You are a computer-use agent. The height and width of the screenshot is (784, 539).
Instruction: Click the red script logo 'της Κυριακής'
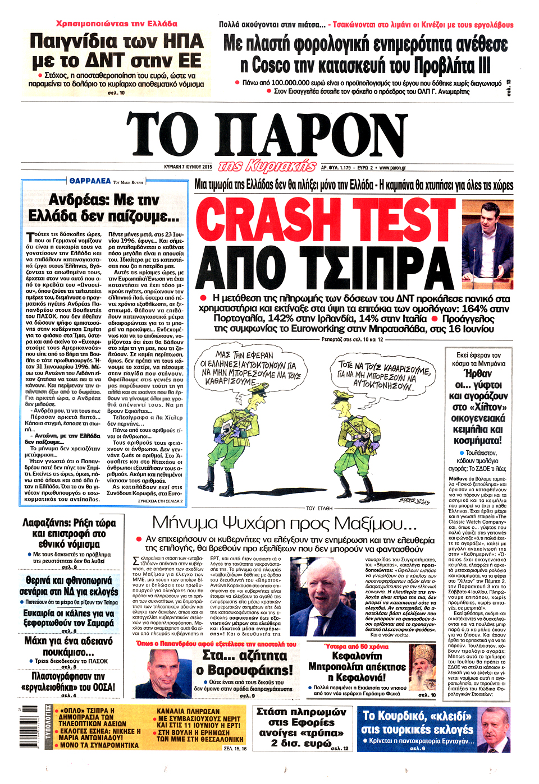point(267,166)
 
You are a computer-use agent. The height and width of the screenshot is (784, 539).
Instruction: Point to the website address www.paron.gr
point(392,167)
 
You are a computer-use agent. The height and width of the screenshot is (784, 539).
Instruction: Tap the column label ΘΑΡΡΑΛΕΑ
point(90,181)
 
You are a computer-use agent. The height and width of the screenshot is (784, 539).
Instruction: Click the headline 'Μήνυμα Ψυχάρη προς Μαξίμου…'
point(284,524)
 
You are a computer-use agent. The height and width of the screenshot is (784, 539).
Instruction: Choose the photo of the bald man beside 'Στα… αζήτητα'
point(163,673)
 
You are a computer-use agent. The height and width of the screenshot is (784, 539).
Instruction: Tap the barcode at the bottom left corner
point(22,729)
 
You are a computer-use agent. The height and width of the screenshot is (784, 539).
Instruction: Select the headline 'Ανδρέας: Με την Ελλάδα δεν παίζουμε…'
point(104,208)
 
